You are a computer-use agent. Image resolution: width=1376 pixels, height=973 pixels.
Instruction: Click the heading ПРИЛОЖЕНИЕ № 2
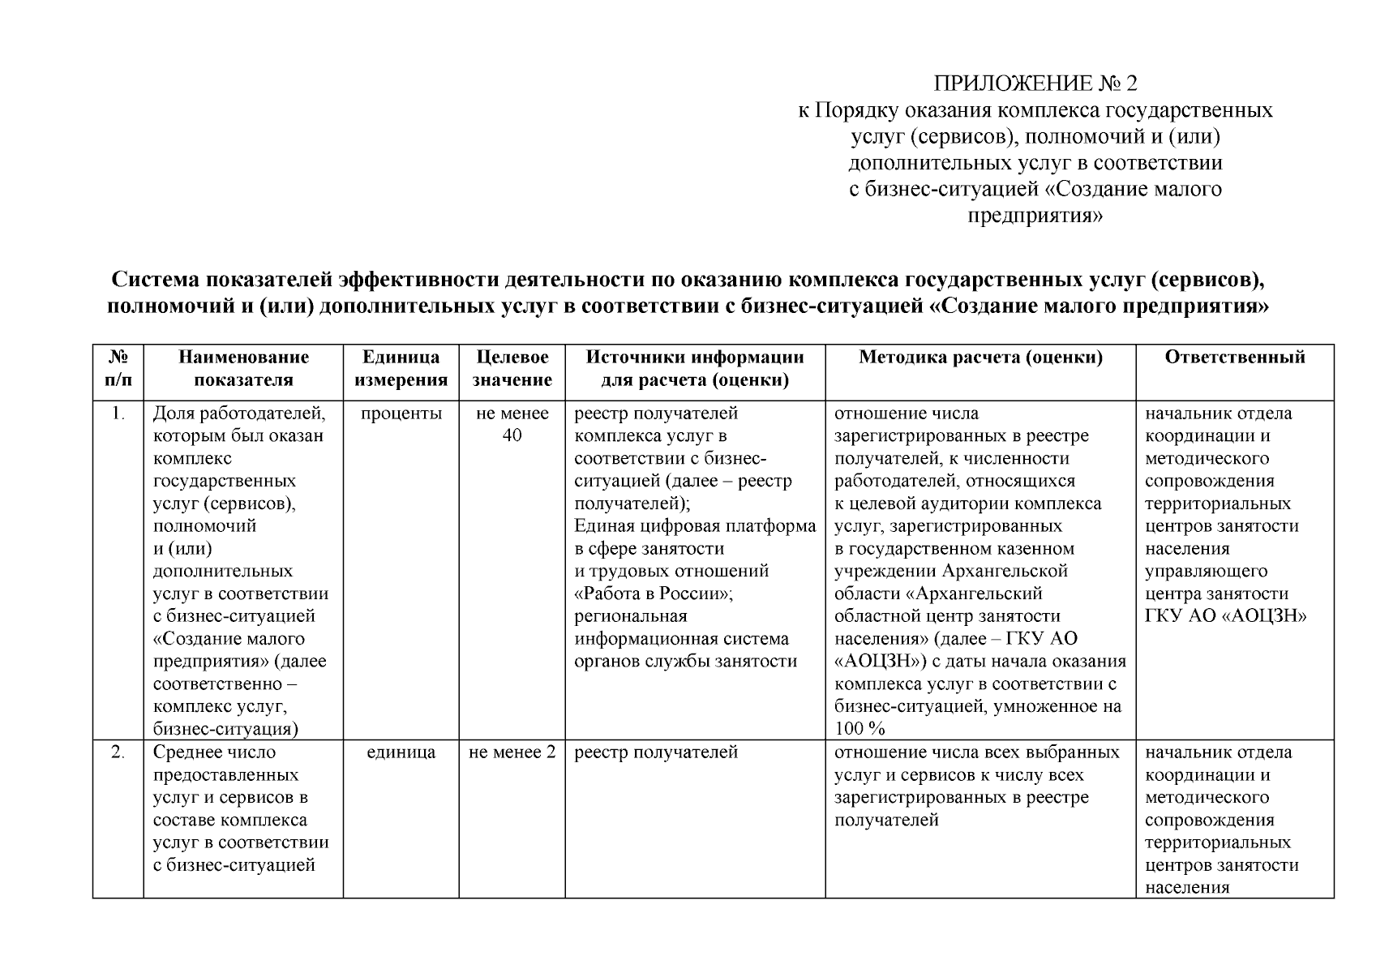click(1035, 84)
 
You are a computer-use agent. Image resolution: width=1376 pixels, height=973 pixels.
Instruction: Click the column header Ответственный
click(1235, 358)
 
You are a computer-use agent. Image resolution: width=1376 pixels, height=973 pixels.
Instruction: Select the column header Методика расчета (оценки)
click(980, 358)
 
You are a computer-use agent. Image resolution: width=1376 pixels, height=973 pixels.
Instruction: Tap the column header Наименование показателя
click(243, 368)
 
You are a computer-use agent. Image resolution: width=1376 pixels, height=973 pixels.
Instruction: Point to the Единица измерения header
click(401, 368)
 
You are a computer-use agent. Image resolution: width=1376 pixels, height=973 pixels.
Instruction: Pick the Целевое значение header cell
click(512, 368)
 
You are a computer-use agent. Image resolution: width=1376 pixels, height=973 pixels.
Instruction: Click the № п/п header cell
click(118, 368)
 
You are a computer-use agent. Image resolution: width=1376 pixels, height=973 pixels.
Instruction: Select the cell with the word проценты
click(401, 414)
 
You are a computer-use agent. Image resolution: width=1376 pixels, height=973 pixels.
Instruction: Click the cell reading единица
click(401, 752)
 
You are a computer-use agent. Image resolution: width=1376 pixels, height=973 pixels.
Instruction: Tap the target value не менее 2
click(512, 752)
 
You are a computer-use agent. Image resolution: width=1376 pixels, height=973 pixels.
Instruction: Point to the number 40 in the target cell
click(512, 436)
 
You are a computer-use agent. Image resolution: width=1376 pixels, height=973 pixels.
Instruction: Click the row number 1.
click(118, 414)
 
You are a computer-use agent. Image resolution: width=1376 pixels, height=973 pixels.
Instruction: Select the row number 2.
click(118, 752)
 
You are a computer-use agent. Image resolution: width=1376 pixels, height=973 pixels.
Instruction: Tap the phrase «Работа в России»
click(654, 594)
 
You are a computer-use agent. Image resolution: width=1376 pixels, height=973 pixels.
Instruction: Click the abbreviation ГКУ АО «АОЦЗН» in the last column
click(1225, 616)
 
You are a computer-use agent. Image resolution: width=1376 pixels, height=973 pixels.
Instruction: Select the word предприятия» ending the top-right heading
click(1035, 216)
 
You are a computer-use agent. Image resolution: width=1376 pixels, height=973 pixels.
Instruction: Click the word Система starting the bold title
click(156, 281)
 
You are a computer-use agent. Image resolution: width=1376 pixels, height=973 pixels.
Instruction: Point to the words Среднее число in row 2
click(214, 752)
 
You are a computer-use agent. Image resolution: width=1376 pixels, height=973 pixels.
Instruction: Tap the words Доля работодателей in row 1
click(238, 414)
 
